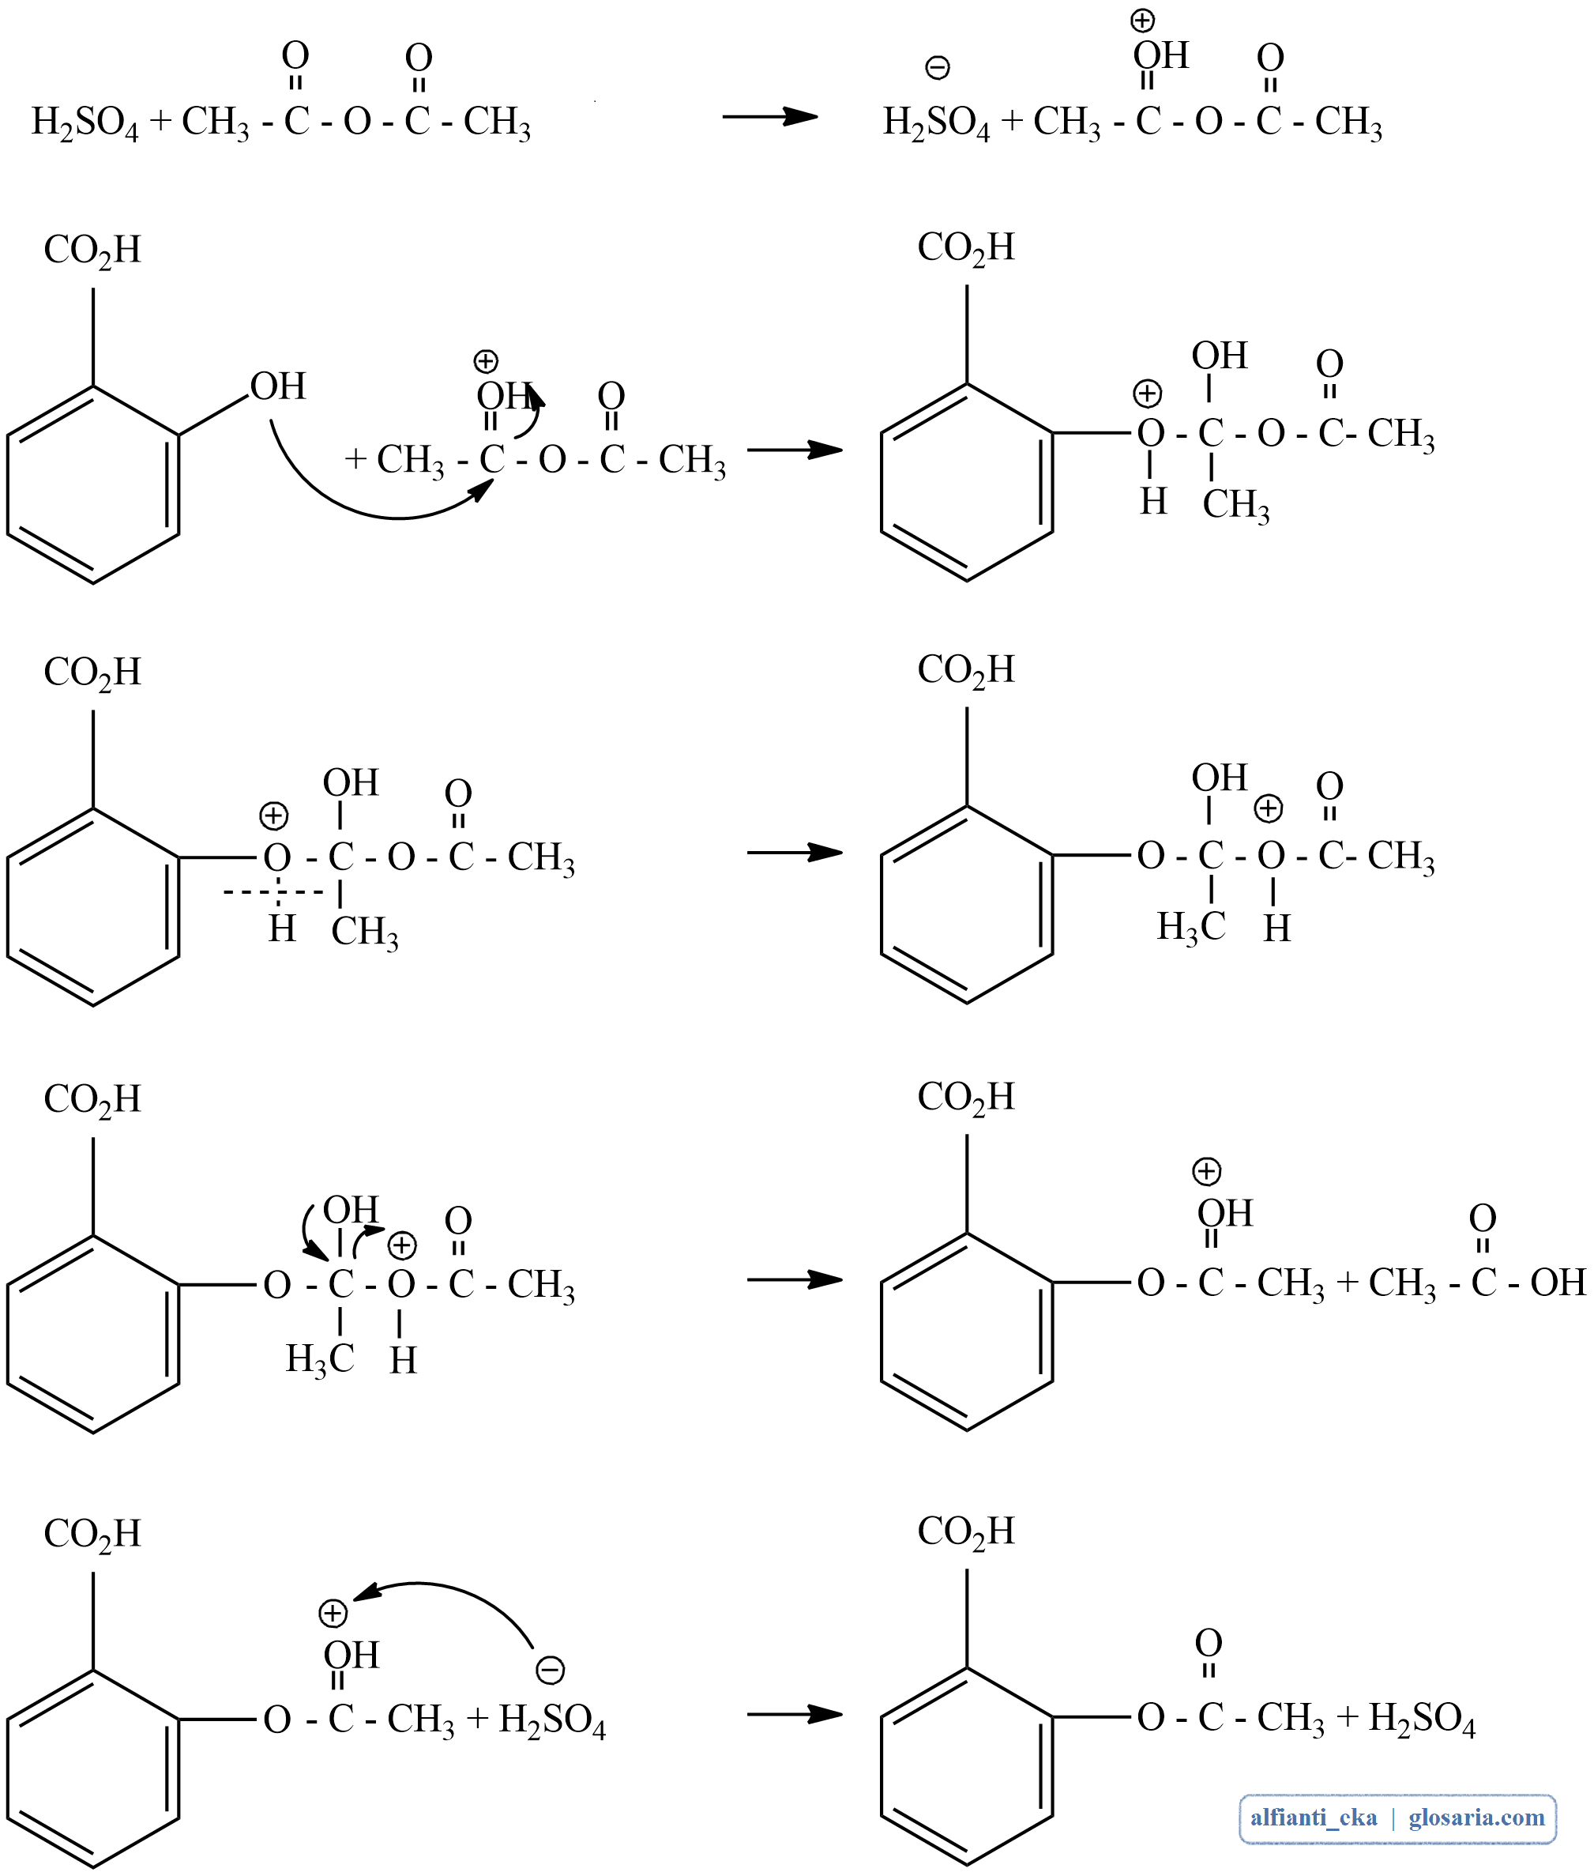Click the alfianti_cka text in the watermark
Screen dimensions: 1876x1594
(x=1313, y=1818)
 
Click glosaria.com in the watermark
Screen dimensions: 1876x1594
(x=1476, y=1818)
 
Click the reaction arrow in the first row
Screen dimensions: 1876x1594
(x=769, y=117)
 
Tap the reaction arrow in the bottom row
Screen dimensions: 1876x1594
(x=795, y=1714)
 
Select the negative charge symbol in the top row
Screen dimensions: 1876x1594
(x=938, y=68)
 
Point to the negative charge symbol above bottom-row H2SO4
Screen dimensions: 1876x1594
(x=551, y=1670)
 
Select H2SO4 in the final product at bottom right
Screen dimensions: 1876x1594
(x=1421, y=1718)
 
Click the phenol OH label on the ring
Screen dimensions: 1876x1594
(x=278, y=386)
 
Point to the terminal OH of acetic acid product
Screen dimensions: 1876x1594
(x=1558, y=1282)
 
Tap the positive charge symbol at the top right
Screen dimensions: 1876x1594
(x=1143, y=20)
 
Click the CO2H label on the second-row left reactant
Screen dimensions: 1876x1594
(x=92, y=251)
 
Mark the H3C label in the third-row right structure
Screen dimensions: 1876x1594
(x=1191, y=927)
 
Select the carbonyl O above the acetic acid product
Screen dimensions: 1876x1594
(x=1482, y=1218)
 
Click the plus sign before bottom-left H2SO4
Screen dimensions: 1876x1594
(x=477, y=1718)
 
